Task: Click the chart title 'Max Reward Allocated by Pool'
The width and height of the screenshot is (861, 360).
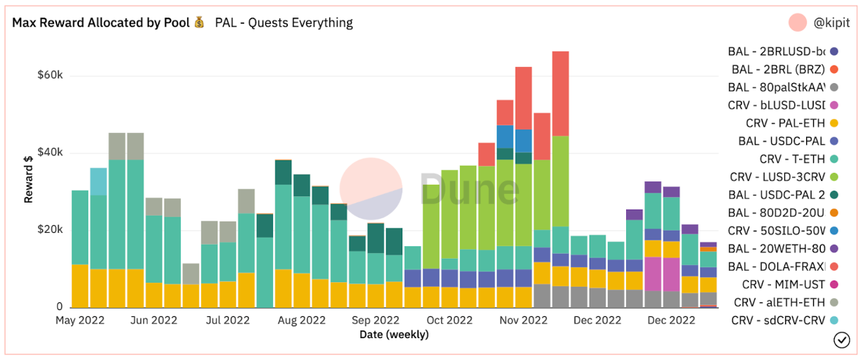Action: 101,22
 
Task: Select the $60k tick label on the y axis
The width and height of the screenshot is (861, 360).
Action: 51,76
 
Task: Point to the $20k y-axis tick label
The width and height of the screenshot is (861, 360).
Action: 51,230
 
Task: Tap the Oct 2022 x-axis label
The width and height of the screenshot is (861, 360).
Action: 449,321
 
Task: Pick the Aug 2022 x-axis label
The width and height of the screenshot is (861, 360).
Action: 301,321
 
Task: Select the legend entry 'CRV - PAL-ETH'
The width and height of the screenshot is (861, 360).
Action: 785,123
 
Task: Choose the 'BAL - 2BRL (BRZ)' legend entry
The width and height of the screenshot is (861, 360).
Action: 778,69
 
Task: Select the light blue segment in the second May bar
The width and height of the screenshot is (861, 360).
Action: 98,181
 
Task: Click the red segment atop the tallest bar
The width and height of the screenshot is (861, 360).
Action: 561,94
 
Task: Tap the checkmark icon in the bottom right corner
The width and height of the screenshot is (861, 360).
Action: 841,340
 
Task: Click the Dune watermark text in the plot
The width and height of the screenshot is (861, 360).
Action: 470,189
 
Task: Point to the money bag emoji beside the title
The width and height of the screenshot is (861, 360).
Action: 200,22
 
